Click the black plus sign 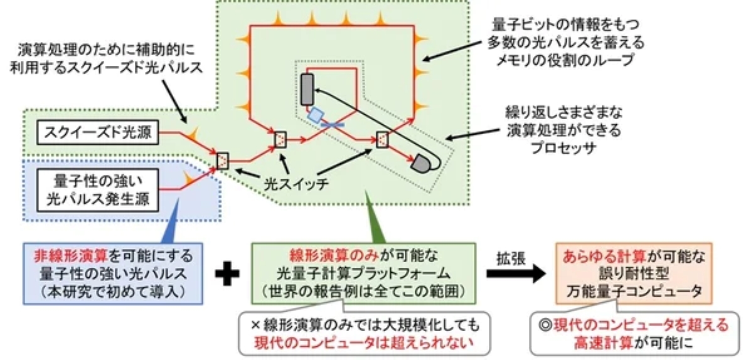[227, 275]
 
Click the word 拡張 [510, 256]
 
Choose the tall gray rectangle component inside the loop [307, 88]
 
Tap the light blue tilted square [316, 114]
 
